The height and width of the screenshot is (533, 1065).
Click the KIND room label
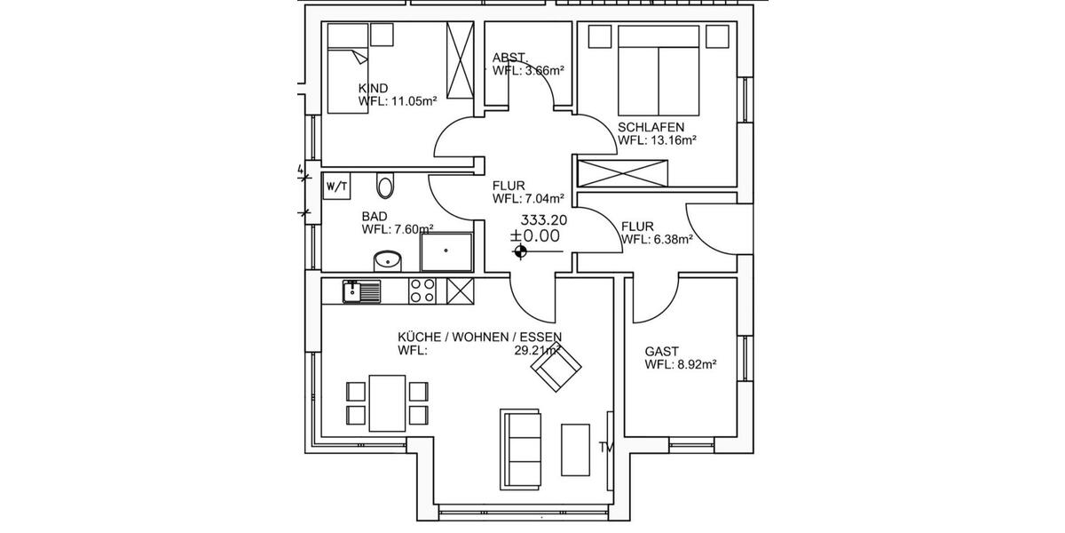click(x=373, y=89)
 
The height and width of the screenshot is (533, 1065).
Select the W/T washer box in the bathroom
click(x=337, y=187)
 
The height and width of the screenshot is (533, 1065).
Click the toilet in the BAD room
click(x=385, y=186)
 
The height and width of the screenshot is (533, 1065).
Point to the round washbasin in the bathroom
click(x=387, y=259)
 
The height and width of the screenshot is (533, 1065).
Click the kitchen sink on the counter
click(x=361, y=290)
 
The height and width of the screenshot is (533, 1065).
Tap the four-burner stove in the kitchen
click(x=422, y=290)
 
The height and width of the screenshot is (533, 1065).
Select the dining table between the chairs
click(x=387, y=402)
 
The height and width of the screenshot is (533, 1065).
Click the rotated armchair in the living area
click(x=556, y=367)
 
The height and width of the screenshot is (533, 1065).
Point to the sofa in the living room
click(x=521, y=448)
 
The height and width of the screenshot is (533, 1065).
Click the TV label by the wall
click(x=607, y=447)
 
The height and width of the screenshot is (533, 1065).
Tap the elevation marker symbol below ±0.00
click(x=520, y=253)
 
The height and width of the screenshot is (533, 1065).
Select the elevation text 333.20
click(x=544, y=220)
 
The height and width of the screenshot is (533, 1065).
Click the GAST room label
click(x=662, y=352)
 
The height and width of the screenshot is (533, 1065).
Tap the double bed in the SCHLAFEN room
click(x=659, y=70)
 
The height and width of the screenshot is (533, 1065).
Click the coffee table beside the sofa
click(x=575, y=449)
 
